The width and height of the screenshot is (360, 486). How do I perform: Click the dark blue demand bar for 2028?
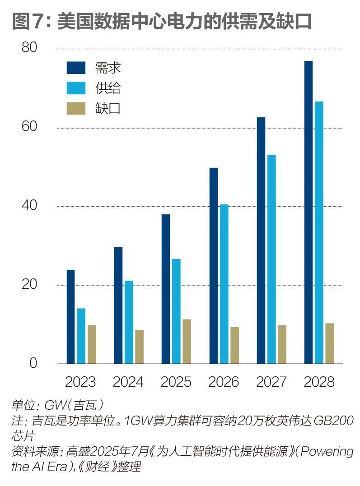click(308, 212)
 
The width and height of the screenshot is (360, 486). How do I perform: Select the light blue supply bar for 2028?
click(319, 232)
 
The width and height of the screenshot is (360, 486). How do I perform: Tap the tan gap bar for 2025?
click(187, 341)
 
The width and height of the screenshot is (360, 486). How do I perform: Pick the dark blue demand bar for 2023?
click(70, 316)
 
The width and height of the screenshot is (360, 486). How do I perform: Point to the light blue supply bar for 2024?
click(129, 322)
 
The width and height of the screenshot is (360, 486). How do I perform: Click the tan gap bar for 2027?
click(282, 344)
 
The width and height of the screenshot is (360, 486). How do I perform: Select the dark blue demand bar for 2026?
click(213, 265)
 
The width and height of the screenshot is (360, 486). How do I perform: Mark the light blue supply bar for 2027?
click(271, 259)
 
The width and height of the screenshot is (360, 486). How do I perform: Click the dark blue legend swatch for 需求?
click(76, 68)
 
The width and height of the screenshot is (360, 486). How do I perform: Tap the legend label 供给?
click(108, 88)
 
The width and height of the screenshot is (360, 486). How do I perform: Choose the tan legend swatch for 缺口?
click(76, 108)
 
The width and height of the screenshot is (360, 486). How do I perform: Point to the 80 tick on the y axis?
click(29, 48)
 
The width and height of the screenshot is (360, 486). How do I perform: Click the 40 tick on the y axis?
click(29, 206)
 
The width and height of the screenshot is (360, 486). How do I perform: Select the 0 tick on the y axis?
click(33, 364)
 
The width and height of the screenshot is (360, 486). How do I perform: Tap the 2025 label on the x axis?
click(176, 382)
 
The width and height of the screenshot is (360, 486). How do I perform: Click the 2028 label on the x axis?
click(319, 382)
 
